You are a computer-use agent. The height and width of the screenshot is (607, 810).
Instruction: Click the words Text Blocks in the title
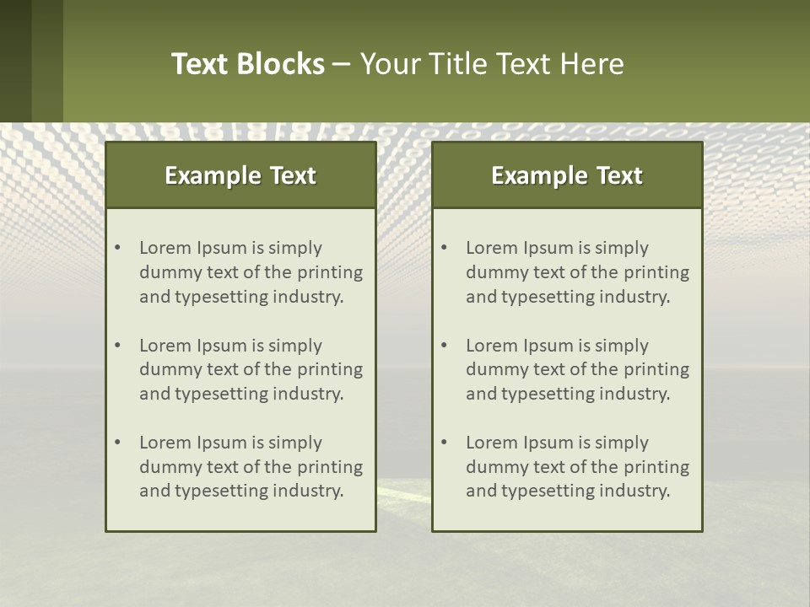[247, 64]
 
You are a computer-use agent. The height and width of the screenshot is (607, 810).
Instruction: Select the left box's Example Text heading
[240, 175]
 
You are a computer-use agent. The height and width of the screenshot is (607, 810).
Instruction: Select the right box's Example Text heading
[567, 175]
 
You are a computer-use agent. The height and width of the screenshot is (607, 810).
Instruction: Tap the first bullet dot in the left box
[118, 248]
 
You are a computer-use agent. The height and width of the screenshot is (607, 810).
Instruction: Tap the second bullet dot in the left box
[118, 346]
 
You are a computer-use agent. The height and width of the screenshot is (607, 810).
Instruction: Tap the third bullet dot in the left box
[118, 443]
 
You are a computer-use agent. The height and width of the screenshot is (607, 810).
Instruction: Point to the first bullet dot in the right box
[445, 248]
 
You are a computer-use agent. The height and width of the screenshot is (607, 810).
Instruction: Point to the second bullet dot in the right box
[445, 346]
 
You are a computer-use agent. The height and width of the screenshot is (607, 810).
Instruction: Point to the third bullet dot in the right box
[445, 443]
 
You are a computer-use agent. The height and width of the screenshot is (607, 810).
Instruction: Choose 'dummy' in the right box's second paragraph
[494, 369]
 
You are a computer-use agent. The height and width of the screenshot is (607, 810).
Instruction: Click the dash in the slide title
[342, 64]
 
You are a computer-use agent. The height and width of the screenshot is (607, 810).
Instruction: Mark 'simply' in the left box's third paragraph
[296, 443]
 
